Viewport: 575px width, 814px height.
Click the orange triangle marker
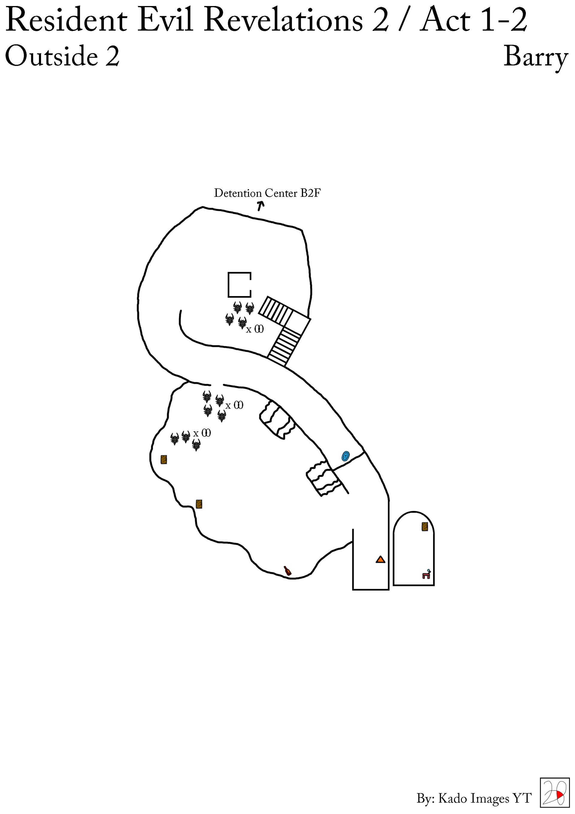380,560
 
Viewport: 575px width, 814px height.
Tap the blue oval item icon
345,456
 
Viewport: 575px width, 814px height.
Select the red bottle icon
288,571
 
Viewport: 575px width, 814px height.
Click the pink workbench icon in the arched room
426,574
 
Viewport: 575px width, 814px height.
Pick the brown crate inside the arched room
425,527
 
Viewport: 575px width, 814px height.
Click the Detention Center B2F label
267,193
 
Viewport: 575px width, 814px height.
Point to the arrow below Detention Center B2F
261,206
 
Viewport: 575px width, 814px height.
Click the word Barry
535,57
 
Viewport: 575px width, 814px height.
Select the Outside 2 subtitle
62,56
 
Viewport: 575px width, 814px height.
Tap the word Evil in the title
165,20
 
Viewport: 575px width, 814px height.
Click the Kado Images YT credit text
474,798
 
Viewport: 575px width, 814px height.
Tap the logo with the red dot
554,792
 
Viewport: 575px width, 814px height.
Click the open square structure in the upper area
240,285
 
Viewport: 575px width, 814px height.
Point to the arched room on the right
414,550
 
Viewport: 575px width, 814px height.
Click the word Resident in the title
66,20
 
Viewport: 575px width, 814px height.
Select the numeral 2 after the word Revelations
381,20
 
